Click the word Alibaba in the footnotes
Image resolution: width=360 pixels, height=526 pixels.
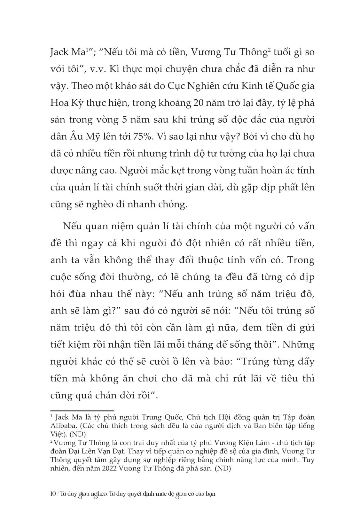pos(62,426)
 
